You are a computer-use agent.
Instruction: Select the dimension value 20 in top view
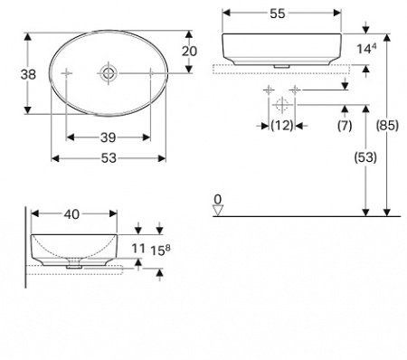pyautogui.click(x=188, y=52)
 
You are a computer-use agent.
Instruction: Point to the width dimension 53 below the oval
pyautogui.click(x=109, y=158)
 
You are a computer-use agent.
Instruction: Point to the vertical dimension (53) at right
pyautogui.click(x=364, y=156)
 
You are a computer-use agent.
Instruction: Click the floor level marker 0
pyautogui.click(x=217, y=197)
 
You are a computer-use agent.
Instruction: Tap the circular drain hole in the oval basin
pyautogui.click(x=109, y=72)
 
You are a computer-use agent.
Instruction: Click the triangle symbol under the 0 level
pyautogui.click(x=217, y=211)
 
